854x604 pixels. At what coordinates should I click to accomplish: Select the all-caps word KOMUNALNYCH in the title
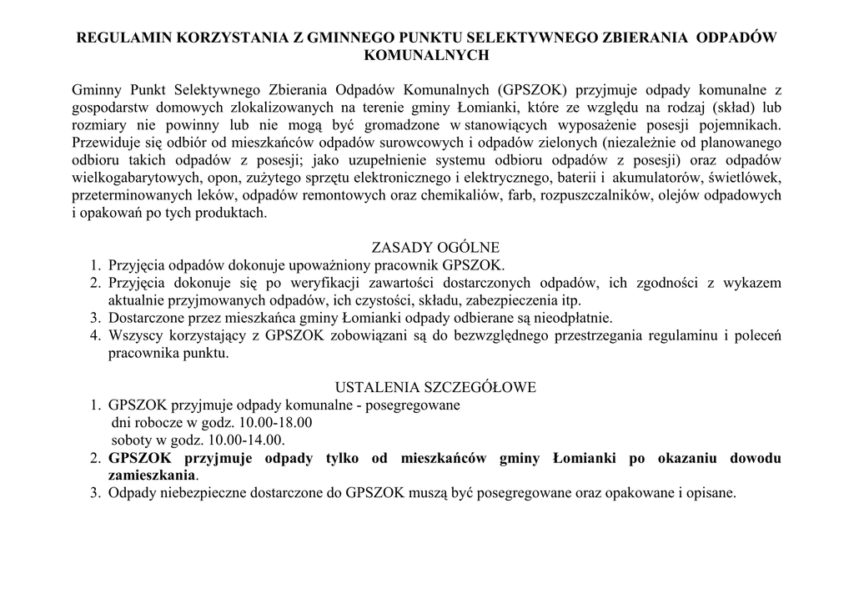[x=426, y=55]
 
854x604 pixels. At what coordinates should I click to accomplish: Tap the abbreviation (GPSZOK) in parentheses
[x=534, y=90]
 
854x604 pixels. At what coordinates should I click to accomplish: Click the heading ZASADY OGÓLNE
[x=435, y=248]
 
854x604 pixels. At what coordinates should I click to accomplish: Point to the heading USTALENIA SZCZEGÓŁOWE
[x=435, y=388]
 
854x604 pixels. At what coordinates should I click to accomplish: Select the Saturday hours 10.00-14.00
[x=247, y=440]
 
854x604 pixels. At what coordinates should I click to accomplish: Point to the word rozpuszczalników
[x=597, y=195]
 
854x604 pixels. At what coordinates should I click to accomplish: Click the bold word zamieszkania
[x=152, y=476]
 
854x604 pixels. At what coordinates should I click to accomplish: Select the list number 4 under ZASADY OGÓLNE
[x=95, y=335]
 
